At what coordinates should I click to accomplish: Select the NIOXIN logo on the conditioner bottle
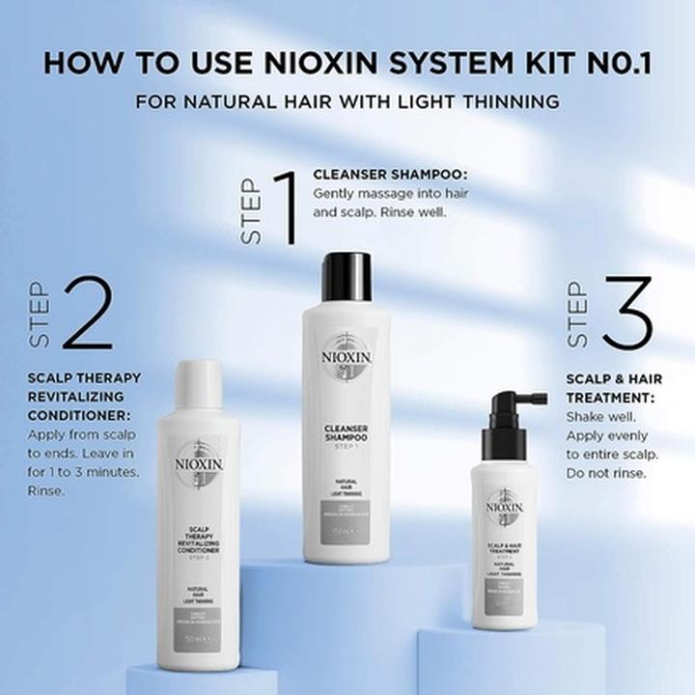(x=199, y=463)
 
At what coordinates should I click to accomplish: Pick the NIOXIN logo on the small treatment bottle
(x=504, y=506)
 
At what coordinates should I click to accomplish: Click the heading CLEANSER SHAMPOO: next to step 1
(x=390, y=175)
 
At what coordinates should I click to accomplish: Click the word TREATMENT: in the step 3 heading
(x=614, y=397)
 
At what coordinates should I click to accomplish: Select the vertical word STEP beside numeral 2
(x=40, y=316)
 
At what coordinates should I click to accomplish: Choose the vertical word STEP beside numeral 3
(x=576, y=314)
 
